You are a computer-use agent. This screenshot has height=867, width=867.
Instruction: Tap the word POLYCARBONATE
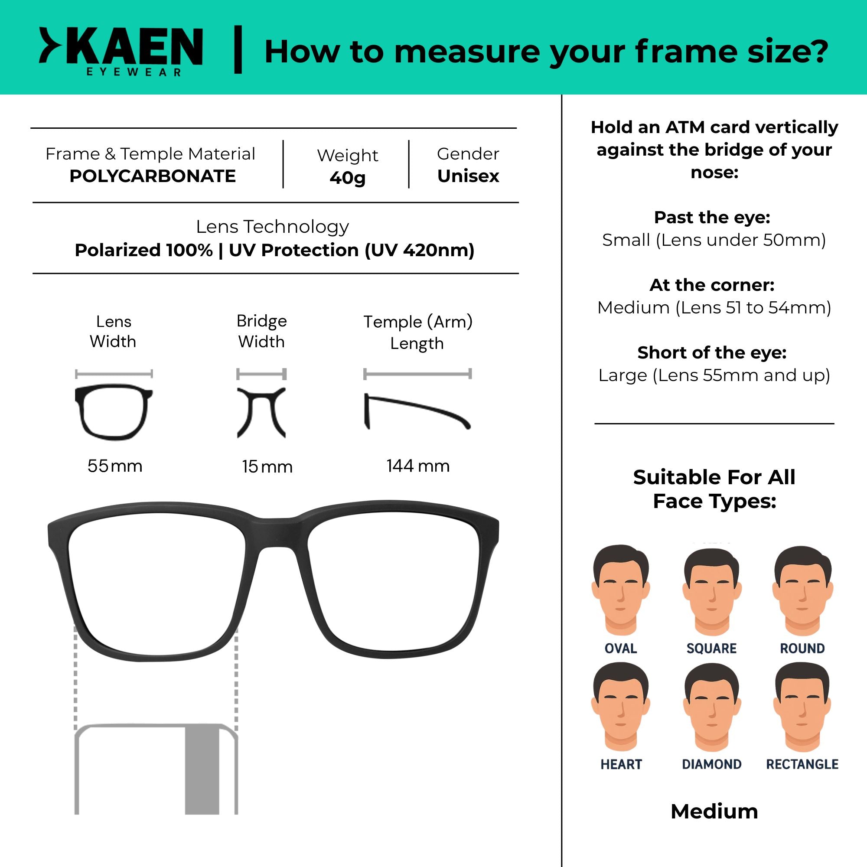pyautogui.click(x=153, y=176)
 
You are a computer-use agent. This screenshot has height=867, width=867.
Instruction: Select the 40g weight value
pyautogui.click(x=347, y=178)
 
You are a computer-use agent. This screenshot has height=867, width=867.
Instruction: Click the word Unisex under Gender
pyautogui.click(x=468, y=176)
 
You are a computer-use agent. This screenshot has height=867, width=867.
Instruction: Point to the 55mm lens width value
pyautogui.click(x=115, y=466)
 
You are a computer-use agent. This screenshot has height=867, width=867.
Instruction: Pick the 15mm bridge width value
pyautogui.click(x=267, y=467)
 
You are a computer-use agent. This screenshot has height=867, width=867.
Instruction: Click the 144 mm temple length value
pyautogui.click(x=418, y=466)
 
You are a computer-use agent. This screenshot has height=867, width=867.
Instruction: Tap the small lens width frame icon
pyautogui.click(x=114, y=411)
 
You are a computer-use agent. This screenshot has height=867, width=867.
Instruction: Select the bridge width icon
pyautogui.click(x=261, y=412)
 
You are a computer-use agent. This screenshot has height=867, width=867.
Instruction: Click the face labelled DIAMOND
pyautogui.click(x=712, y=708)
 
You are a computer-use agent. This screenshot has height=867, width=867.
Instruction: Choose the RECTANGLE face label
pyautogui.click(x=802, y=764)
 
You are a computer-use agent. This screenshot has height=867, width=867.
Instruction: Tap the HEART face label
pyautogui.click(x=621, y=764)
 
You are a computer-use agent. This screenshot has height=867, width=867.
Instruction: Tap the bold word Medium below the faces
pyautogui.click(x=714, y=812)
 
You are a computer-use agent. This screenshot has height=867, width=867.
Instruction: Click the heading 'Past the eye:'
pyautogui.click(x=712, y=217)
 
